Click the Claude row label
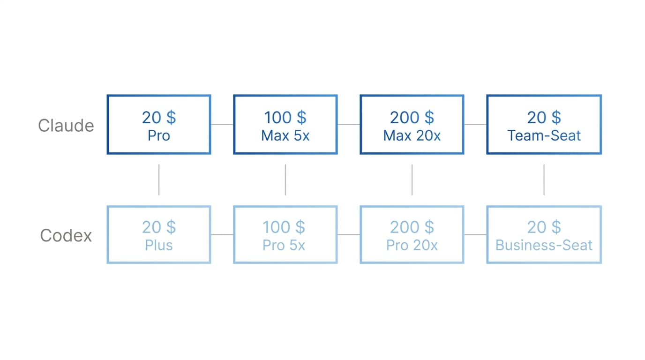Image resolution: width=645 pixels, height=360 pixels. [x=66, y=126]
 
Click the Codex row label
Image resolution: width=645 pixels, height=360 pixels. [x=66, y=235]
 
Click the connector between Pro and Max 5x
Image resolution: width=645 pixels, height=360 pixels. [x=222, y=124]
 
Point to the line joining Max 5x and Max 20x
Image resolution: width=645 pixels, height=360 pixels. [x=349, y=124]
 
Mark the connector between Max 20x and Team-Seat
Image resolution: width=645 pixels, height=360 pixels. [x=475, y=124]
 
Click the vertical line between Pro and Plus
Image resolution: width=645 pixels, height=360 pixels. [x=158, y=180]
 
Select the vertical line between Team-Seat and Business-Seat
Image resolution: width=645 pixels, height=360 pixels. [x=544, y=180]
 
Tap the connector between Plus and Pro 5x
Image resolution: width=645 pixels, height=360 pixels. [x=222, y=234]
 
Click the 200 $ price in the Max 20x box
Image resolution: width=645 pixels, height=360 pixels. [x=412, y=118]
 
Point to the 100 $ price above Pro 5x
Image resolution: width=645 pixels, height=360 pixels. [x=284, y=227]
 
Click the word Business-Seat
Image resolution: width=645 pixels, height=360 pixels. [x=544, y=245]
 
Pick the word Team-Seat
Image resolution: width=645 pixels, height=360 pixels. [x=544, y=135]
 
